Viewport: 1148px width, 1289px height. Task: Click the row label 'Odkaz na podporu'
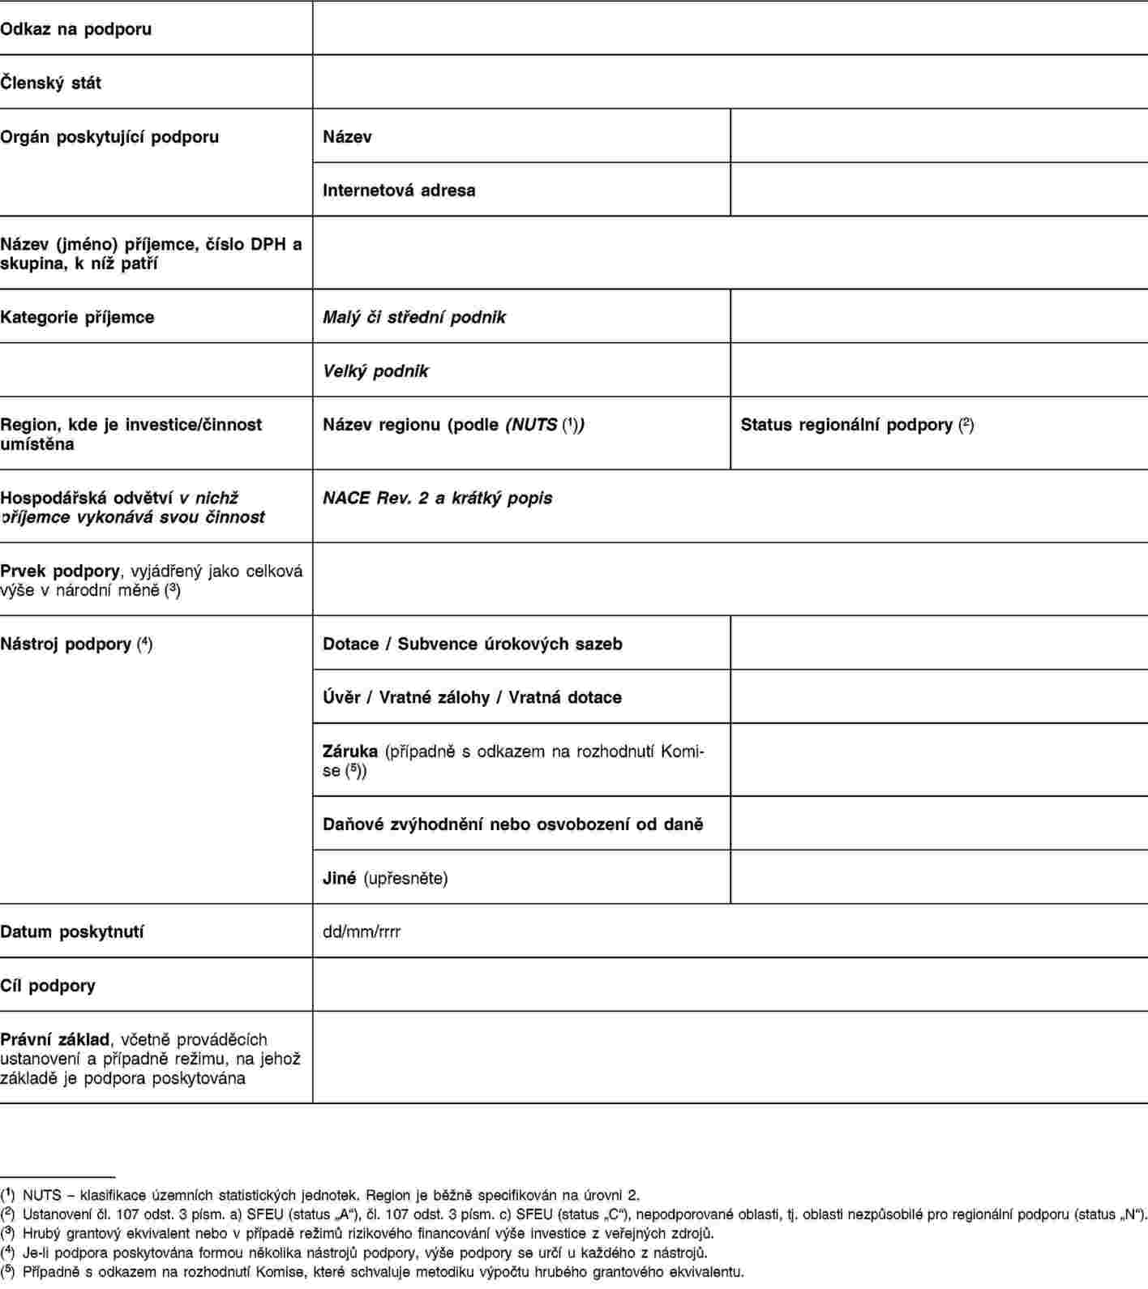(76, 29)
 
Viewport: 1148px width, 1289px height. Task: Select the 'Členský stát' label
(51, 83)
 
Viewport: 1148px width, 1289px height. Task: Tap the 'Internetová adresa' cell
(399, 191)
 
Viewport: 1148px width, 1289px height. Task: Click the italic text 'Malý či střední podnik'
(413, 317)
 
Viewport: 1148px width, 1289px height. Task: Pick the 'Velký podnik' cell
(375, 371)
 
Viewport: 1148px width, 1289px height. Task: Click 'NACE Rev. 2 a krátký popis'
(437, 498)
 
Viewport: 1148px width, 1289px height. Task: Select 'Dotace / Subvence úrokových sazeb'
(472, 644)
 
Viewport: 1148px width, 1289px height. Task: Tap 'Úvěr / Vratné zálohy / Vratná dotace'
(472, 697)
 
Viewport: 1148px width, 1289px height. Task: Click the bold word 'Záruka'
(350, 752)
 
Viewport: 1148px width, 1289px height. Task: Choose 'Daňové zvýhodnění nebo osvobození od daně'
(512, 824)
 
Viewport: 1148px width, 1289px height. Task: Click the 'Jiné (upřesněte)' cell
(385, 878)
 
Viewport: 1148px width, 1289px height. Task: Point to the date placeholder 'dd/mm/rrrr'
(362, 931)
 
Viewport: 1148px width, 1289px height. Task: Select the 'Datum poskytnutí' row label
(72, 931)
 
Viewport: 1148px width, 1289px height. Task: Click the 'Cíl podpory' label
(48, 986)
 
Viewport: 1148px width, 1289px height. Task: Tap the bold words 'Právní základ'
(55, 1039)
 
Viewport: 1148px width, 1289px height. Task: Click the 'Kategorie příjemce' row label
(77, 317)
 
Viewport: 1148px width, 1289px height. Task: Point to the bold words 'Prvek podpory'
(60, 571)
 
